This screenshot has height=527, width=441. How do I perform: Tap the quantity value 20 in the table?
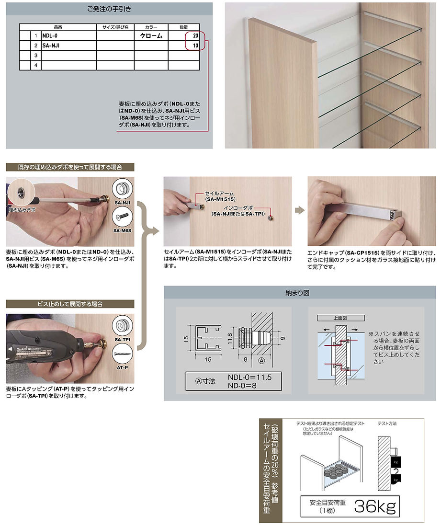point(195,36)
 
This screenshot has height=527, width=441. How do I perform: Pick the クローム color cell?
point(151,36)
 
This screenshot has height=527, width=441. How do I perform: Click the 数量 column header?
point(184,27)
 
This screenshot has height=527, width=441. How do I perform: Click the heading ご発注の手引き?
point(109,9)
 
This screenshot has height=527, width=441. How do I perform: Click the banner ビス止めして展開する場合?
point(70,304)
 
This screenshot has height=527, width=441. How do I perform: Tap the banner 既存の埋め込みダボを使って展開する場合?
point(70,167)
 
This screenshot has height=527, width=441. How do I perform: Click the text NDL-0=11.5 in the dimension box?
point(249,377)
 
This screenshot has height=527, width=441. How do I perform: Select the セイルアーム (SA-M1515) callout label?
point(220,195)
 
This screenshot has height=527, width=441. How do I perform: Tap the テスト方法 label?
point(388,424)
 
